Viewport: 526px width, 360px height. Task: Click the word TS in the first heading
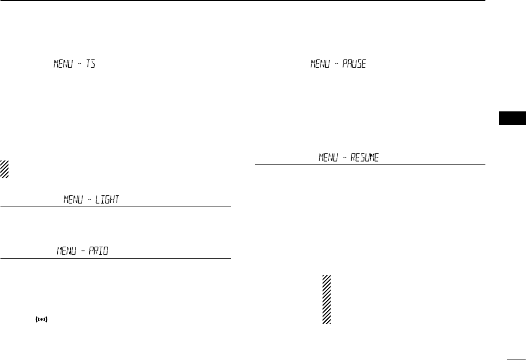point(90,64)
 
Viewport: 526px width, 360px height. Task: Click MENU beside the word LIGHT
point(73,199)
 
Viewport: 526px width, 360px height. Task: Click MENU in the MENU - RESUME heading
point(328,158)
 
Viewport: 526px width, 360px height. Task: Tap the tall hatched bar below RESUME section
point(327,300)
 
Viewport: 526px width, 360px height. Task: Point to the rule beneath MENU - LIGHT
point(115,207)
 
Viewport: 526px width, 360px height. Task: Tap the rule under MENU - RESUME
point(370,165)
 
